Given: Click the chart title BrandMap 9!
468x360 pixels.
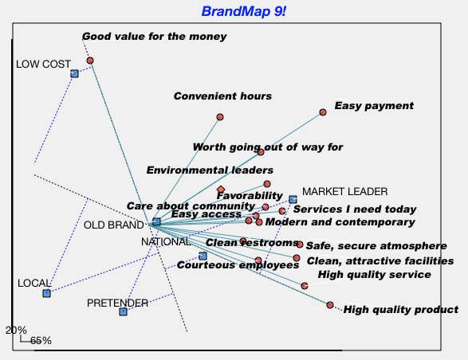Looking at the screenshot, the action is (x=244, y=12).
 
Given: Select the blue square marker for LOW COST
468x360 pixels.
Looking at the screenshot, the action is (x=75, y=73).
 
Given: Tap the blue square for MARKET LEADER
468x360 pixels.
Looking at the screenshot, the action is (x=293, y=199).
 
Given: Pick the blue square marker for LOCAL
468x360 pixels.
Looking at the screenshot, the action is (x=46, y=293).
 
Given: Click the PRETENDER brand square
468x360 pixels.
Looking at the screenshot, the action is (x=124, y=312).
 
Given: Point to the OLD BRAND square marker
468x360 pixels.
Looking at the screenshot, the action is (x=156, y=221).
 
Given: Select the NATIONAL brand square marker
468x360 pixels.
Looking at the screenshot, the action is (x=203, y=256).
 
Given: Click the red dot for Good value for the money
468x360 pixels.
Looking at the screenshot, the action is (x=90, y=61).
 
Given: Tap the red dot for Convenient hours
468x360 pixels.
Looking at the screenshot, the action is (x=220, y=117).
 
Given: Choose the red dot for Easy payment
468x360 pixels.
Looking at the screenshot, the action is (x=323, y=112).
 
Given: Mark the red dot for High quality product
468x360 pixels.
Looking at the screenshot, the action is (x=330, y=305).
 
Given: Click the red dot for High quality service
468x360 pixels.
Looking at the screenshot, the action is (x=305, y=286).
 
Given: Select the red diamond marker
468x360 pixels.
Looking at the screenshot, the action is (x=221, y=190).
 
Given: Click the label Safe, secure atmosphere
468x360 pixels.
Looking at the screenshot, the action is (x=376, y=246).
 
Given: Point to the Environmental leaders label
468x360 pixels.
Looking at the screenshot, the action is (x=210, y=170).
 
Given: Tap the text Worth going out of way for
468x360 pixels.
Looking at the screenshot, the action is (x=268, y=147).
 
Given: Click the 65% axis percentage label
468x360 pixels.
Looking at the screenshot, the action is (x=41, y=341).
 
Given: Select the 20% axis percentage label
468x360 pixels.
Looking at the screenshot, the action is (x=16, y=331).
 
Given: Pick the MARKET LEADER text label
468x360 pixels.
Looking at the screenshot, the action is (x=345, y=191).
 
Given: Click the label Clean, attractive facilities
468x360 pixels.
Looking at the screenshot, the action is (x=380, y=261).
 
